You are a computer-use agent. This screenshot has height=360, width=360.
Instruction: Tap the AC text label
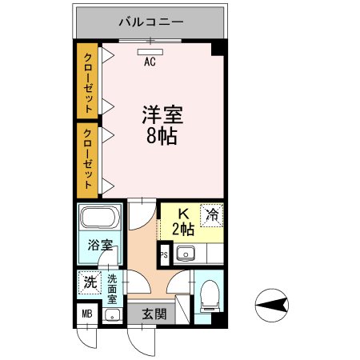pyautogui.click(x=150, y=60)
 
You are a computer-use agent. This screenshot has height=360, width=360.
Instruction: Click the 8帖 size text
pyautogui.click(x=163, y=136)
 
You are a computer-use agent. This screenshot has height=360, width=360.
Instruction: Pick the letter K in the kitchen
pyautogui.click(x=182, y=214)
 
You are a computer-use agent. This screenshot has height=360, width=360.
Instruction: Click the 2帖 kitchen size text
pyautogui.click(x=183, y=229)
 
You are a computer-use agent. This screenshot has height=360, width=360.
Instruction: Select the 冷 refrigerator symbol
pyautogui.click(x=212, y=214)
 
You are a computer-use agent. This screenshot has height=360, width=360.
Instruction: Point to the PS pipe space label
pyautogui.click(x=164, y=256)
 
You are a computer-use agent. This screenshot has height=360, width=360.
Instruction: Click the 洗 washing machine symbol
pyautogui.click(x=90, y=282)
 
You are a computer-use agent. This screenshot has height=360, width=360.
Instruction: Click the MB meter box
pyautogui.click(x=86, y=314)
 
